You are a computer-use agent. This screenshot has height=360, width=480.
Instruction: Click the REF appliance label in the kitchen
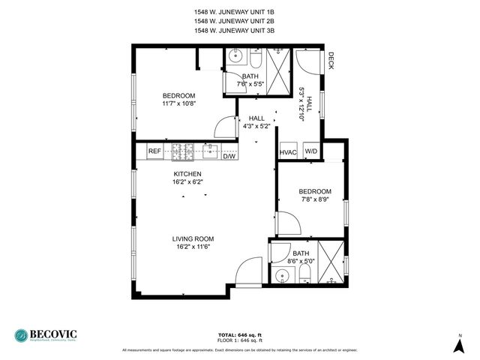tap(154, 151)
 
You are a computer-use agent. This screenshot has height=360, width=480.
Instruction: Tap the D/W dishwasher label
tap(229, 156)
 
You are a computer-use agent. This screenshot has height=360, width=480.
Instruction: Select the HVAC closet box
tap(289, 151)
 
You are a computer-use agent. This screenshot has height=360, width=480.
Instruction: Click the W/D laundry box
tap(310, 151)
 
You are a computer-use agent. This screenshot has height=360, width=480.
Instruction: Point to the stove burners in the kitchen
tap(183, 151)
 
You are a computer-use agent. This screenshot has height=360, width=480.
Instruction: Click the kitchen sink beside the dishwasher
tap(211, 151)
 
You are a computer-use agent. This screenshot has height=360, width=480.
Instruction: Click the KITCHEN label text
tap(187, 173)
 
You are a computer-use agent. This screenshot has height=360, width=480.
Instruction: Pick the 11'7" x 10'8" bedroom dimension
tap(179, 103)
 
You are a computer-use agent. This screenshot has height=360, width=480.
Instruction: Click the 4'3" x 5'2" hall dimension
tap(256, 126)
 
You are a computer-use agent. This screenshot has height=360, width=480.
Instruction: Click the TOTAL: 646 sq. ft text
tap(239, 334)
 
